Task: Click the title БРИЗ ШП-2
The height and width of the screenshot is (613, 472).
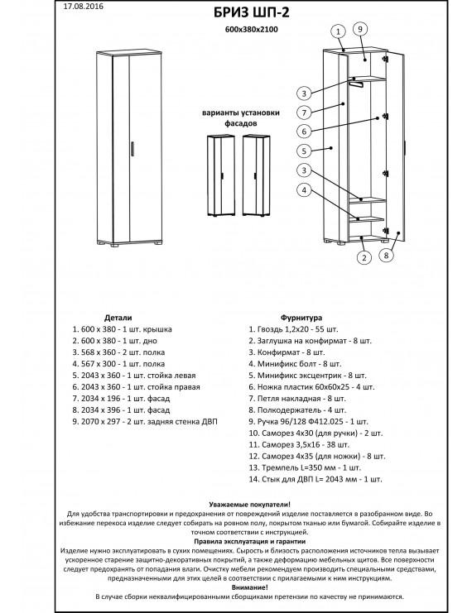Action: click(252, 12)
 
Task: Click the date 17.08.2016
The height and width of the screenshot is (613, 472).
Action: click(84, 7)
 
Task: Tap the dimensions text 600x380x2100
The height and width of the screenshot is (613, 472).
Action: click(252, 29)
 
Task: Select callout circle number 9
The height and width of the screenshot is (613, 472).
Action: click(360, 29)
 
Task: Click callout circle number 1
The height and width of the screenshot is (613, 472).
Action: click(339, 31)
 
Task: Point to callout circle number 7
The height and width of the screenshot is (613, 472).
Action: click(304, 113)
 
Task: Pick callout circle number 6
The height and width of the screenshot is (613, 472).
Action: click(304, 132)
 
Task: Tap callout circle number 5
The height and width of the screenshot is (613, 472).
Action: click(304, 151)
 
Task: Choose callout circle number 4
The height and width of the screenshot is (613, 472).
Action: click(304, 190)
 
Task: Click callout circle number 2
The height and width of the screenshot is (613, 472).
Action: click(364, 257)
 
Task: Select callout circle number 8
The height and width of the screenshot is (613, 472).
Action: click(386, 256)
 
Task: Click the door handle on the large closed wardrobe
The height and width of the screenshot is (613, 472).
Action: click(132, 149)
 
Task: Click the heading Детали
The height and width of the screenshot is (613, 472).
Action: click(118, 318)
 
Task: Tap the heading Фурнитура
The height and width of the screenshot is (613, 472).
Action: click(301, 318)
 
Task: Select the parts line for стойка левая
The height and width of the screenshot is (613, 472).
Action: click(134, 376)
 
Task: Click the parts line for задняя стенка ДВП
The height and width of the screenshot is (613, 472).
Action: click(145, 422)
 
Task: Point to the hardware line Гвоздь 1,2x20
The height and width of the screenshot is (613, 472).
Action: click(293, 329)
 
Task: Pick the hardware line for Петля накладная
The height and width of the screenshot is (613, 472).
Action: click(297, 399)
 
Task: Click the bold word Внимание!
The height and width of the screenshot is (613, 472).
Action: click(250, 587)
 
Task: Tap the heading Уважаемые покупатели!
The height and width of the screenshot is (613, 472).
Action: click(250, 505)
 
